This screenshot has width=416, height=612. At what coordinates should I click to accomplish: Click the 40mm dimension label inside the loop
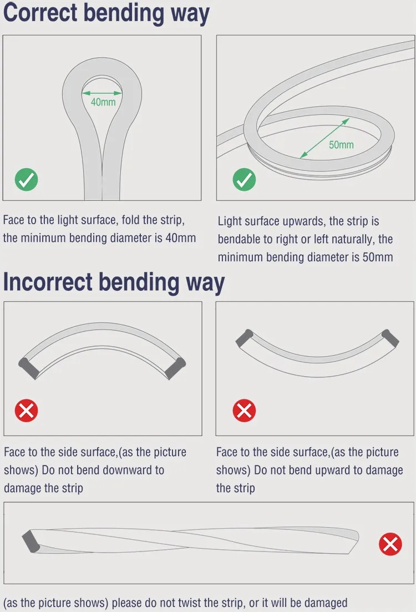(x=103, y=102)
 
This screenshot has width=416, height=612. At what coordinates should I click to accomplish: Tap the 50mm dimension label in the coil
(x=341, y=145)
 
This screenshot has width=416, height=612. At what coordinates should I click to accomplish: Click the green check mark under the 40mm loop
(x=26, y=180)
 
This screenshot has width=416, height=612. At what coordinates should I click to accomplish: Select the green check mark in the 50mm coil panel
(x=244, y=180)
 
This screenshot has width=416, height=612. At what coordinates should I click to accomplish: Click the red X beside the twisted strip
(x=390, y=544)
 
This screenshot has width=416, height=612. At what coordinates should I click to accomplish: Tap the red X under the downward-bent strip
(x=26, y=411)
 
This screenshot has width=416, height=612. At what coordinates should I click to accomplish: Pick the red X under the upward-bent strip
(x=244, y=411)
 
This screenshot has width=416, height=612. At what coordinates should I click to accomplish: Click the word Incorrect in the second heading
(x=48, y=282)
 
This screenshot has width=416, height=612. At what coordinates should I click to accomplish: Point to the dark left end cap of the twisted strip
(x=31, y=540)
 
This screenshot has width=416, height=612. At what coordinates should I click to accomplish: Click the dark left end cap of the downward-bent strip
(x=29, y=368)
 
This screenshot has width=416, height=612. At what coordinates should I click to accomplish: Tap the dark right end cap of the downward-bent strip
(x=176, y=368)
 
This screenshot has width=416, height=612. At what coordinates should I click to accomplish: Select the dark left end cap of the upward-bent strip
(x=245, y=338)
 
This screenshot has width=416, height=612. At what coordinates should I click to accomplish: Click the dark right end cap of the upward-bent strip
(x=390, y=338)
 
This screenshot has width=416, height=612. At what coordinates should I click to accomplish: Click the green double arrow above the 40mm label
(x=102, y=93)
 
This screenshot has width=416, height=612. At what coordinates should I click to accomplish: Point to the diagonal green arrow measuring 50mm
(x=324, y=138)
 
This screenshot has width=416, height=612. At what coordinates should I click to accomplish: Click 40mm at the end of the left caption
(x=181, y=237)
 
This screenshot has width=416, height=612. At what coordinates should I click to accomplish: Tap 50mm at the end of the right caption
(x=378, y=257)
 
